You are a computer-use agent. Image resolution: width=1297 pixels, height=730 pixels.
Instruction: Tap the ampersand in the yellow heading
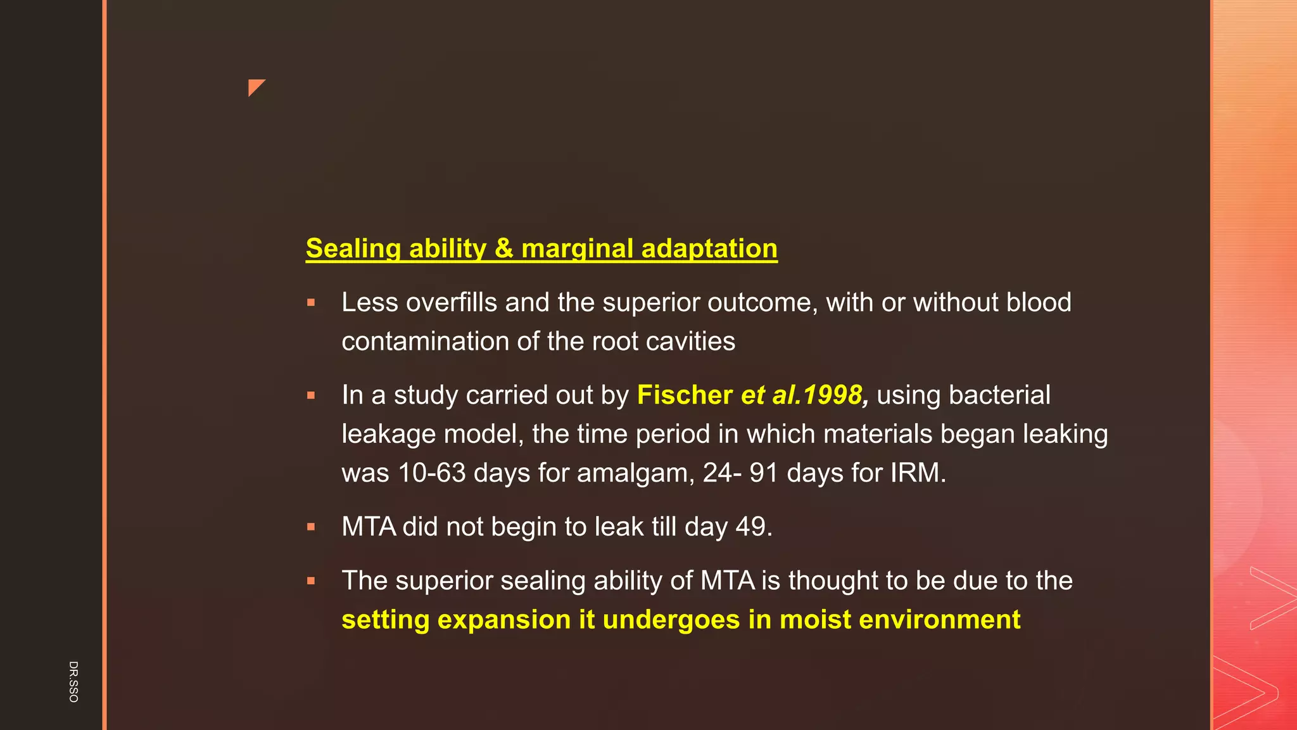(504, 248)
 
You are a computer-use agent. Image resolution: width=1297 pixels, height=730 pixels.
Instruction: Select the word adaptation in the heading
(709, 248)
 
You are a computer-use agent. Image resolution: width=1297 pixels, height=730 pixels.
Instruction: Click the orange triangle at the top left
(255, 87)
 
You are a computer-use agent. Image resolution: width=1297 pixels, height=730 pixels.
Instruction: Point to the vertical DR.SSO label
(73, 681)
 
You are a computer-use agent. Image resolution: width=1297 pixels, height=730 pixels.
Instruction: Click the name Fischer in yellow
(685, 395)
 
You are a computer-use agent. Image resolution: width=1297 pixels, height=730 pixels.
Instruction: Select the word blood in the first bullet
(1039, 302)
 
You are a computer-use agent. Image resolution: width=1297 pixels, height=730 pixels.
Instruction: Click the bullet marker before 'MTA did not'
(311, 527)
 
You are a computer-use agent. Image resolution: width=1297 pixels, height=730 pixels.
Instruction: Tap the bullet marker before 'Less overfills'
(311, 303)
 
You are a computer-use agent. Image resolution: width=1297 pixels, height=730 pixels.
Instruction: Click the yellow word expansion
(503, 620)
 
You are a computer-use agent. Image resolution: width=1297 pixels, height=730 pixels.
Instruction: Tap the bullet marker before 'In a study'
(311, 395)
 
